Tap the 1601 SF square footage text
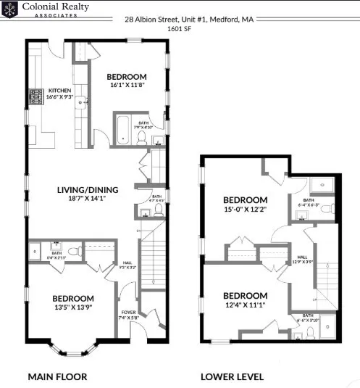coord(180,29)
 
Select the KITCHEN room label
coord(60,91)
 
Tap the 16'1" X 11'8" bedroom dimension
coord(127,86)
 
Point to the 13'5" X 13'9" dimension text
coord(72,307)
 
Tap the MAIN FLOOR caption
coord(57,376)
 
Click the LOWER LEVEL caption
coord(233,376)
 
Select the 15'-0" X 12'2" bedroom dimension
coord(245,210)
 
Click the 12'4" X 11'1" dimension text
coord(245,305)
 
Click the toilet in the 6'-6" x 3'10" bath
coord(310,332)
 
